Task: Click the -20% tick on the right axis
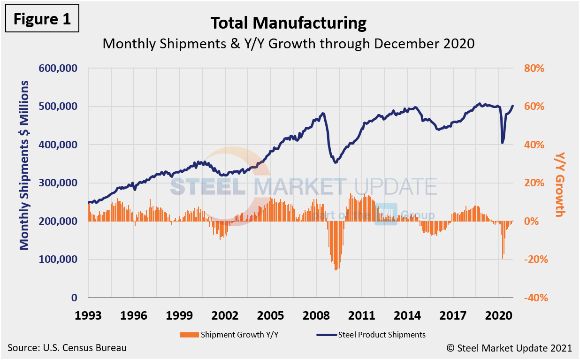(x=533, y=260)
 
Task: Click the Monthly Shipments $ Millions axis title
(x=24, y=165)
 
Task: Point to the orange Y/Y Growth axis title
(x=559, y=184)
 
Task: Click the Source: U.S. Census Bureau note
(x=67, y=348)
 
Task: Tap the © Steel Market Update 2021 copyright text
(x=509, y=348)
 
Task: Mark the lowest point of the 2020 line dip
(x=503, y=143)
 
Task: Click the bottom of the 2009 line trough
(x=336, y=162)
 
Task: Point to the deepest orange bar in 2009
(x=336, y=270)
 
